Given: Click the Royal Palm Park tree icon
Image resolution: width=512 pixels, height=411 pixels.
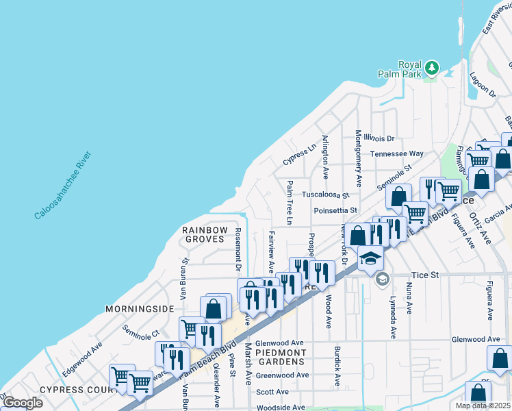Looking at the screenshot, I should click(431, 67).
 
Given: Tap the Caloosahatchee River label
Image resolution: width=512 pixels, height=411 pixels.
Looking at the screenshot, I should click(63, 186).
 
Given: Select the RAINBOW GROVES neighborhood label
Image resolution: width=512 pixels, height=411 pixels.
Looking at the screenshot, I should click(204, 234).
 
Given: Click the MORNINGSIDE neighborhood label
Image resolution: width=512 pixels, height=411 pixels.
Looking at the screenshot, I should click(140, 309).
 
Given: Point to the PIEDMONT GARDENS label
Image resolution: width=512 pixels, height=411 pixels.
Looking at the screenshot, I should click(279, 356).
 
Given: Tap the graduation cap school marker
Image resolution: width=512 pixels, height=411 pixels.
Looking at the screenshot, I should click(370, 258).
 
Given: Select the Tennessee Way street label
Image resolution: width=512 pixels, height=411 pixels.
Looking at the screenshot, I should click(397, 154).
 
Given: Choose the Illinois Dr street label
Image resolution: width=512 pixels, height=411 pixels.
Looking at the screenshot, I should click(379, 138).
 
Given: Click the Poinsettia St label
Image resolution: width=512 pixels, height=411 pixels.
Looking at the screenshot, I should click(335, 210).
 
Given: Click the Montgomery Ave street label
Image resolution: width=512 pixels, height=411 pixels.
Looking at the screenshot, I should click(358, 158).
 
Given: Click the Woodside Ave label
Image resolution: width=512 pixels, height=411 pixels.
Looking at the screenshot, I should click(279, 408).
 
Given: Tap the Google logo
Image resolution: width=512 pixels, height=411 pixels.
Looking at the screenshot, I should click(22, 403).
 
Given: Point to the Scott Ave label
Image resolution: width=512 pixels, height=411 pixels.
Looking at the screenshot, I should click(272, 392).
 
